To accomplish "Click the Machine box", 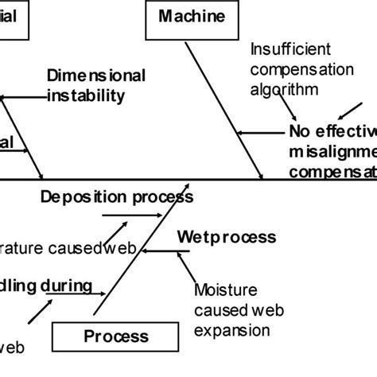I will pos(192,17).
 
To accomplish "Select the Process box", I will pos(116,336).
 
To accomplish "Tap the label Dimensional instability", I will pos(96,86).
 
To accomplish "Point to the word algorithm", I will pos(285,90).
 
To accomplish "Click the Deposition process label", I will pos(111,196).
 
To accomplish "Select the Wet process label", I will pos(227,237).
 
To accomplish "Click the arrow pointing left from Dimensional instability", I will pos(24,97).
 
